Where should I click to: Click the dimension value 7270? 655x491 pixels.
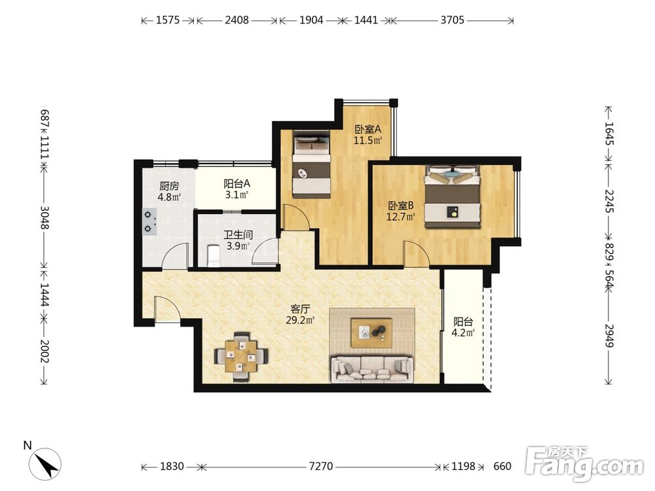(321, 466)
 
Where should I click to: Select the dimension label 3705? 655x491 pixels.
(453, 20)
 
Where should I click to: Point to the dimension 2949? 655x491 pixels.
(609, 336)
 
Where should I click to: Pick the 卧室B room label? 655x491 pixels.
(401, 206)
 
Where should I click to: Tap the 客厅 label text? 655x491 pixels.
(301, 310)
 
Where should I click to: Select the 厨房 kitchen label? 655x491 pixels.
(169, 186)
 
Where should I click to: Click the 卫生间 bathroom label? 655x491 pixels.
(238, 234)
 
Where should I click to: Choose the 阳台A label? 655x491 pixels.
(237, 183)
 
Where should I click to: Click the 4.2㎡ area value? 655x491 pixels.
(463, 333)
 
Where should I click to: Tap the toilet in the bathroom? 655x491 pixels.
(213, 255)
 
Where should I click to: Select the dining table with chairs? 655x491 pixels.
(240, 357)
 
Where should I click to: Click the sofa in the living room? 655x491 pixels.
(372, 369)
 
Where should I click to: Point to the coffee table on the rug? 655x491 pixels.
(371, 333)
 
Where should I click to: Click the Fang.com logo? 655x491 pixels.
(584, 465)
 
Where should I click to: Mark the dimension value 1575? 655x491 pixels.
(168, 20)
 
